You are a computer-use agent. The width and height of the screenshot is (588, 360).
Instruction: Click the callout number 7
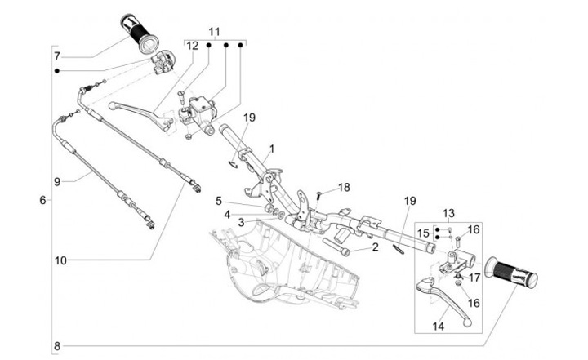pyautogui.click(x=57, y=56)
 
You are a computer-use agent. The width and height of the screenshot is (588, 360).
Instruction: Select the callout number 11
pyautogui.click(x=214, y=31)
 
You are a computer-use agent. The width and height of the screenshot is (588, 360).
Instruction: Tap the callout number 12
pyautogui.click(x=191, y=47)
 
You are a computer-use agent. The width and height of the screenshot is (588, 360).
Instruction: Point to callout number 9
pyautogui.click(x=57, y=180)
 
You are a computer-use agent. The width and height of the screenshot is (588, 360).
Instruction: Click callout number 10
pyautogui.click(x=60, y=260)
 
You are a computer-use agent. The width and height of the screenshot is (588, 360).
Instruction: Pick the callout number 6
pyautogui.click(x=42, y=199)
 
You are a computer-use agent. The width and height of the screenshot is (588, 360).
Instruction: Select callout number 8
pyautogui.click(x=57, y=345)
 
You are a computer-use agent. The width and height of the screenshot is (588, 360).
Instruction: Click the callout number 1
pyautogui.click(x=272, y=149)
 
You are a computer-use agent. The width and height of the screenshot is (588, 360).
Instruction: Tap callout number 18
pyautogui.click(x=344, y=187)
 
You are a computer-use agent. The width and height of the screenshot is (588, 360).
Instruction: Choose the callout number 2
pyautogui.click(x=375, y=246)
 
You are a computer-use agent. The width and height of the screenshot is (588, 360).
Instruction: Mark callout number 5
pyautogui.click(x=219, y=200)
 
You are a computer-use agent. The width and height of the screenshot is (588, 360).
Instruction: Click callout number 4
pyautogui.click(x=229, y=214)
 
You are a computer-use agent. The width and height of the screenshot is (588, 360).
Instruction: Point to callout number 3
pyautogui.click(x=241, y=222)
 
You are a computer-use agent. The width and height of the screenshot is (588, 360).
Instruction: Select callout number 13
pyautogui.click(x=448, y=212)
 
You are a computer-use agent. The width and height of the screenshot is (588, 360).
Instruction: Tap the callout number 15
pyautogui.click(x=422, y=233)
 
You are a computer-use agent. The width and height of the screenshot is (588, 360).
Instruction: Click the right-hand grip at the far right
pyautogui.click(x=511, y=273)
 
